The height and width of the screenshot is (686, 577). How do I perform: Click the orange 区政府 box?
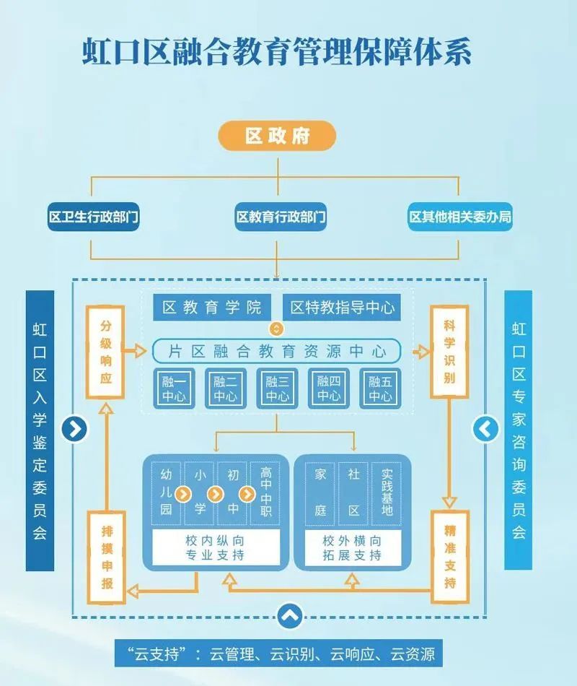tap(278, 136)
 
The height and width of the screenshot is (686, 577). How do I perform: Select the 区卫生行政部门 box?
tap(93, 217)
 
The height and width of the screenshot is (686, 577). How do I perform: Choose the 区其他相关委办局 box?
tap(460, 217)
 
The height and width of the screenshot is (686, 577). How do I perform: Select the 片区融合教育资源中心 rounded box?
tap(277, 352)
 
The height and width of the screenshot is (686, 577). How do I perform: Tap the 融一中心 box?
tap(174, 389)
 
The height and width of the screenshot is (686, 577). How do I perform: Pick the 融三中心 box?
tap(278, 389)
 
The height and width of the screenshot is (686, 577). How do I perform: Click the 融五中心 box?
tap(380, 389)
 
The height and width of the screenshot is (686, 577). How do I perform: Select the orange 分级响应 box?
tap(106, 352)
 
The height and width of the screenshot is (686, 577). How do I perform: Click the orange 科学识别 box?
tap(449, 352)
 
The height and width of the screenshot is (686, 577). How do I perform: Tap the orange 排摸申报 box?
tap(107, 556)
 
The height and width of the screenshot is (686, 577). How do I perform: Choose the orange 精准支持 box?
tap(449, 556)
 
